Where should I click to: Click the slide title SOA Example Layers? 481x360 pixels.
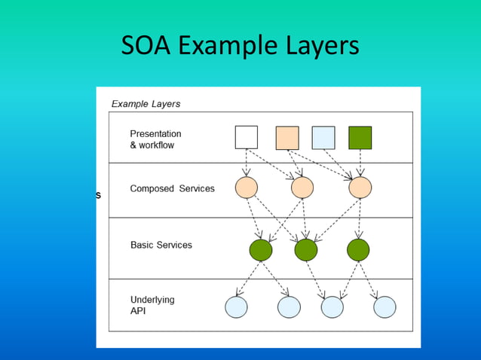point(240,47)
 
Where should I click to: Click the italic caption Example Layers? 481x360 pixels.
point(146,104)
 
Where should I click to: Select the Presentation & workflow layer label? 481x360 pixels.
point(155,139)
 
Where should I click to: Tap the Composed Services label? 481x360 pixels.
point(172,188)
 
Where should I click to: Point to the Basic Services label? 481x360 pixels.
point(161,245)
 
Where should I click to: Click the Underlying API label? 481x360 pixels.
point(152,304)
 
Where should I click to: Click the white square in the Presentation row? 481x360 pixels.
point(247,137)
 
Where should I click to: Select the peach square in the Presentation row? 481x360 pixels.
point(287,137)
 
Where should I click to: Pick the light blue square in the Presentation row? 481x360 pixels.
point(323,137)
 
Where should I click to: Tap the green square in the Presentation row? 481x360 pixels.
point(360,137)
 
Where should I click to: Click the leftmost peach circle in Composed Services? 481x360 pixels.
point(247,188)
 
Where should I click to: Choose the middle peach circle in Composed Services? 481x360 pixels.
point(302,188)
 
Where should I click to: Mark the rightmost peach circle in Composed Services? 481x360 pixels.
point(360,188)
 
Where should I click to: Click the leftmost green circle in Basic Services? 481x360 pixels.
point(260,249)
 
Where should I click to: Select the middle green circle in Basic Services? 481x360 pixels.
point(305,249)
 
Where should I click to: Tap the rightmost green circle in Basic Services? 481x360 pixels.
point(357,249)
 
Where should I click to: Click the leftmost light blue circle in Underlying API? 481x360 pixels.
point(237,307)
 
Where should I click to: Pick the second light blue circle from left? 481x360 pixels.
point(289,307)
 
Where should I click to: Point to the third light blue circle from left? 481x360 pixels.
point(332,307)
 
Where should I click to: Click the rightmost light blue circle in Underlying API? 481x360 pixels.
point(384,307)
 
